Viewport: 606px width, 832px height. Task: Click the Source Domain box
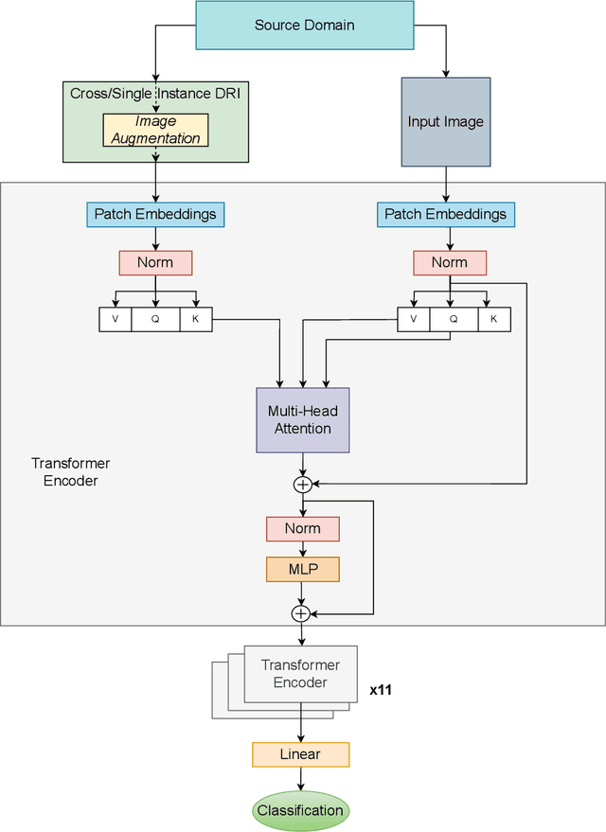click(x=304, y=26)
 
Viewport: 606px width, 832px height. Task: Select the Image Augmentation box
click(x=155, y=131)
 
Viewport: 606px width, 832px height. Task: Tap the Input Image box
click(x=446, y=122)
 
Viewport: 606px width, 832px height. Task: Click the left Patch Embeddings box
click(x=155, y=214)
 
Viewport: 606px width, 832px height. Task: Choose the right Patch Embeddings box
click(x=445, y=214)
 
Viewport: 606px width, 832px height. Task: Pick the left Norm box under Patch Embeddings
click(x=155, y=262)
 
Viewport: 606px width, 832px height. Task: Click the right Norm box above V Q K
click(x=450, y=262)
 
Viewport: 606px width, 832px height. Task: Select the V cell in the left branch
click(x=116, y=320)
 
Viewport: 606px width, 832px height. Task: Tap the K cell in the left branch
click(x=196, y=320)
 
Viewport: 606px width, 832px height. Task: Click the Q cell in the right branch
click(x=454, y=320)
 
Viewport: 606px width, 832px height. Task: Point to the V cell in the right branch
click(x=413, y=320)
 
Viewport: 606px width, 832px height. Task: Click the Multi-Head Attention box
click(x=303, y=419)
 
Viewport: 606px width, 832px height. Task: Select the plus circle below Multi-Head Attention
click(x=302, y=485)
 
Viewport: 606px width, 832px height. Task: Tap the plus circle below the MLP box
click(x=301, y=613)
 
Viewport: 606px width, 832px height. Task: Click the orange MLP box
click(x=302, y=569)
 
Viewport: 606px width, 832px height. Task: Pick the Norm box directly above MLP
click(x=302, y=528)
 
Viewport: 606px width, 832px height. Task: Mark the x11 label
click(x=381, y=690)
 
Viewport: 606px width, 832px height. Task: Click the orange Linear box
click(x=300, y=754)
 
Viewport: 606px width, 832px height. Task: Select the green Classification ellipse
click(x=300, y=810)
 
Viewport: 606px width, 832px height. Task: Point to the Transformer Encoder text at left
click(x=71, y=471)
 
